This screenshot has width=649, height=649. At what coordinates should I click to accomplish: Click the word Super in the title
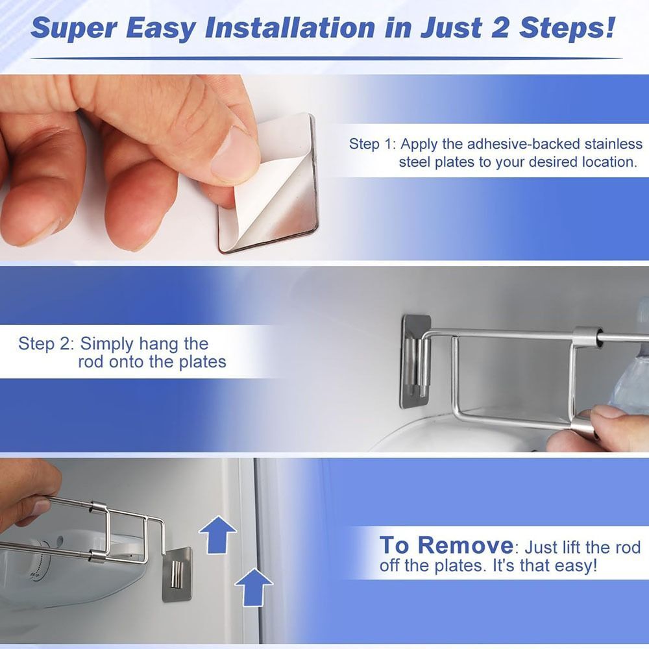point(71,28)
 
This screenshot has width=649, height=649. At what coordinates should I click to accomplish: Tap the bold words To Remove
point(446,545)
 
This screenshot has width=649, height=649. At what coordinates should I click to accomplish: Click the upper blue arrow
point(217,534)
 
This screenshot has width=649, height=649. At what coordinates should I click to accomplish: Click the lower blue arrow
point(253,586)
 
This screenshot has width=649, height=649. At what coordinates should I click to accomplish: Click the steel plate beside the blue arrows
point(177,574)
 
